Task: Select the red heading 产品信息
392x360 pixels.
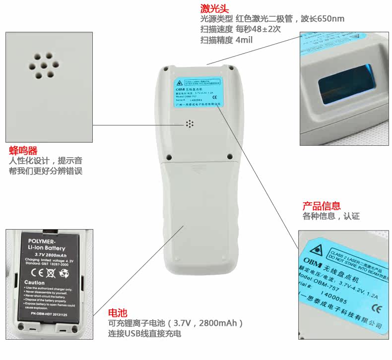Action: tap(322, 206)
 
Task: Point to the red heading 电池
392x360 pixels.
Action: tap(118, 313)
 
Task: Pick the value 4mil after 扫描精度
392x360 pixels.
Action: tap(244, 40)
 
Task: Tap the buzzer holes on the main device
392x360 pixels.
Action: tap(189, 123)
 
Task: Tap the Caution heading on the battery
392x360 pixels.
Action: tap(35, 283)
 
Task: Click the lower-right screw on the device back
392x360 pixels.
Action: tap(230, 157)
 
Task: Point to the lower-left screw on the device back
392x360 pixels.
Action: tap(167, 157)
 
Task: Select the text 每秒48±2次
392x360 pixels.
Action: tap(258, 30)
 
